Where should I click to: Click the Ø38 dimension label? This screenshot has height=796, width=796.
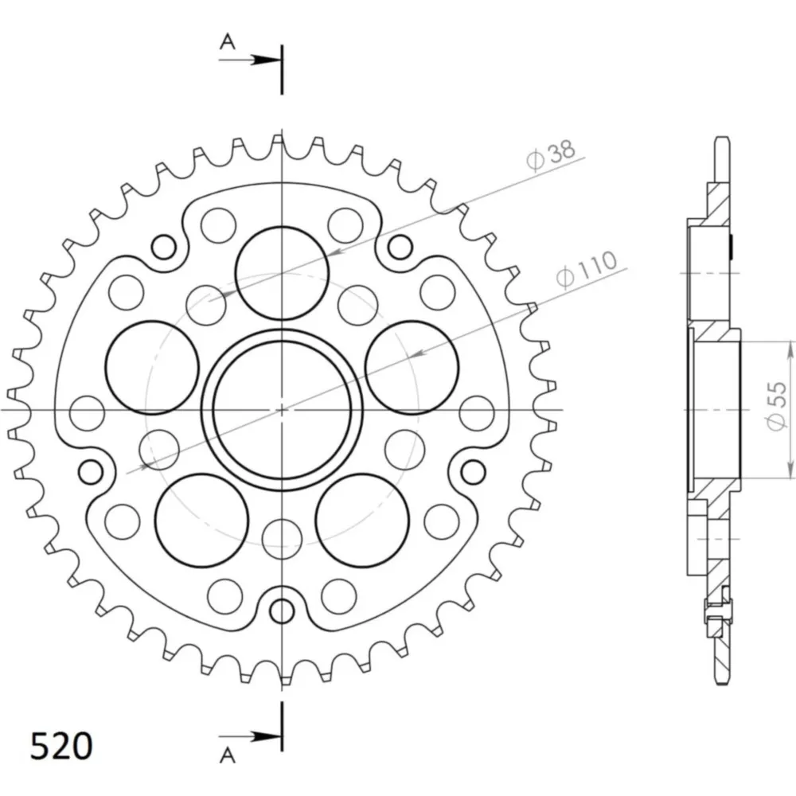click(551, 154)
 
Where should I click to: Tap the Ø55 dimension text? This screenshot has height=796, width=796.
click(776, 406)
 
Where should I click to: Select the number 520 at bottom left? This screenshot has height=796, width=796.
click(61, 747)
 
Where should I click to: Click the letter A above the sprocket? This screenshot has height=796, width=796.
click(228, 41)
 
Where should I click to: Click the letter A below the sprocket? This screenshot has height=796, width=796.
click(228, 755)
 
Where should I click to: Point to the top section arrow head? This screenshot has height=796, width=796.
click(267, 60)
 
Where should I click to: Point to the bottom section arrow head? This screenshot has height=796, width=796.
click(267, 736)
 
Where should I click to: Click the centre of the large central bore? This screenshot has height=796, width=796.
click(282, 409)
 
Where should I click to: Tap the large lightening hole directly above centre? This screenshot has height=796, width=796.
click(282, 273)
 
